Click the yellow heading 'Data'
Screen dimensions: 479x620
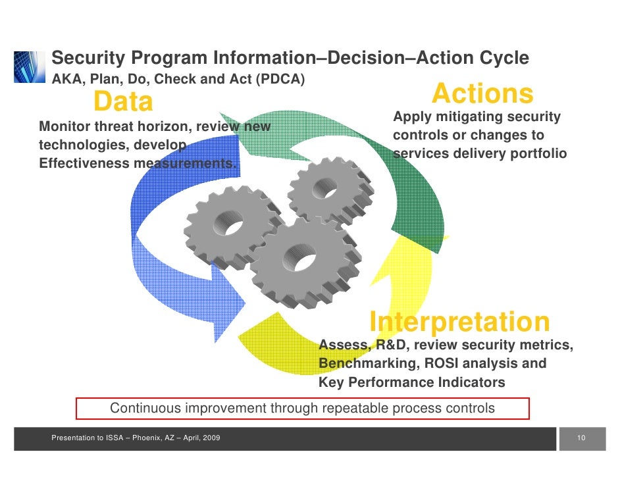(123, 102)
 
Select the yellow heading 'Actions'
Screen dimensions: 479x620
(482, 94)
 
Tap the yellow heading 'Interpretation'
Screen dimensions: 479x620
(459, 322)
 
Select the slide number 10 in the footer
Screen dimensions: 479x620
(581, 438)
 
